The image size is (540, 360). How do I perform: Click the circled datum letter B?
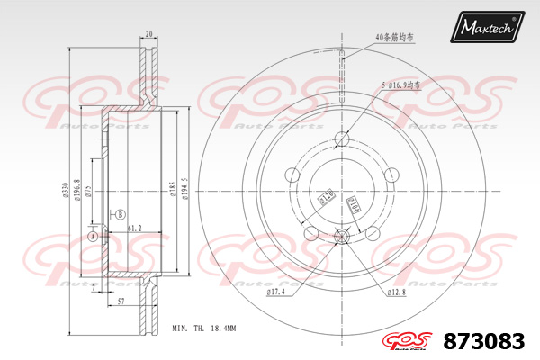(119, 214)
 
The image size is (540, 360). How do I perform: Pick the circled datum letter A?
(92, 236)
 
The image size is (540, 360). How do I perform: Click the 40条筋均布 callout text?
(396, 38)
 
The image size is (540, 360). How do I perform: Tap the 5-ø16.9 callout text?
(400, 85)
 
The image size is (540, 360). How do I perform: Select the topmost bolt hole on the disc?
(343, 139)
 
